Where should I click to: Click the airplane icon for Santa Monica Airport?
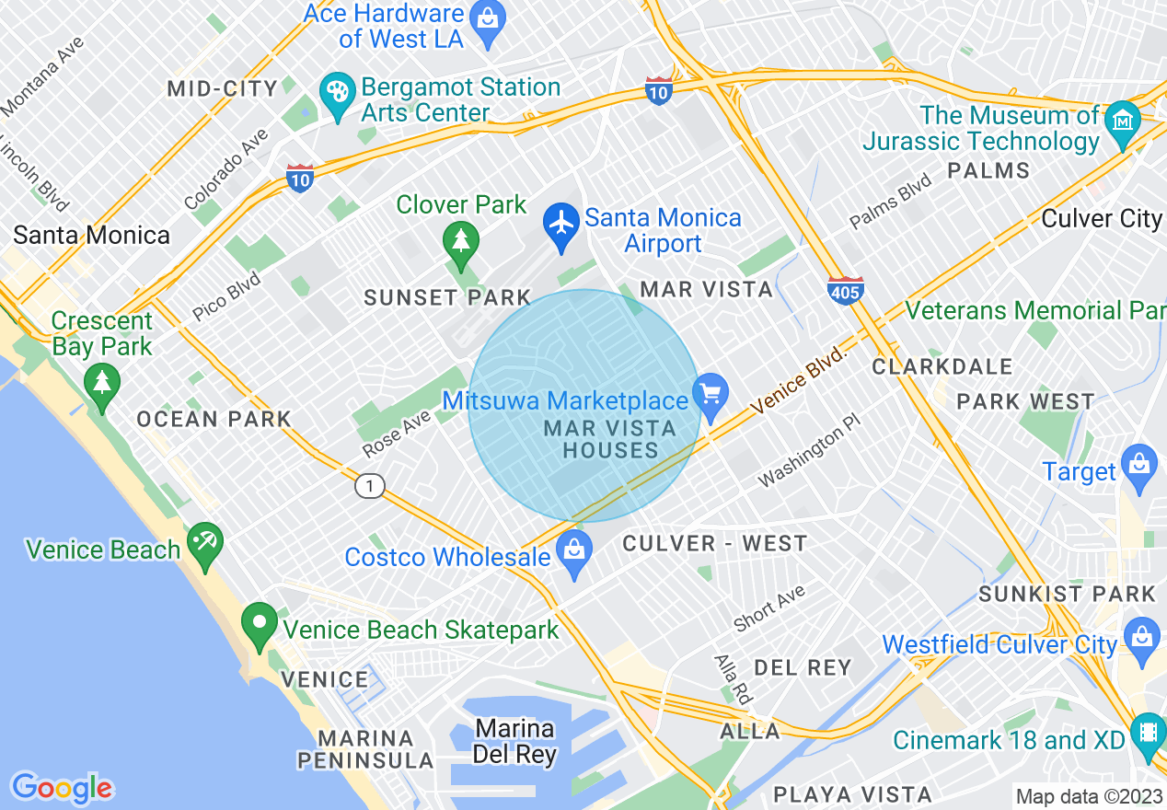560,224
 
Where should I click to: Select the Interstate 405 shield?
845,290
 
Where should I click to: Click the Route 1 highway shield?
370,485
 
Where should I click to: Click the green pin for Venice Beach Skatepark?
260,623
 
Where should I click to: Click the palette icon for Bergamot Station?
338,93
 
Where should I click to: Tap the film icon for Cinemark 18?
1148,733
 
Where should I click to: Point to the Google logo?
62,788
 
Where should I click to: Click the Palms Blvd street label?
890,202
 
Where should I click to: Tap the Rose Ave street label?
397,434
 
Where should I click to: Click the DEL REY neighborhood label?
803,667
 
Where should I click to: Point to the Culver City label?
1102,219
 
